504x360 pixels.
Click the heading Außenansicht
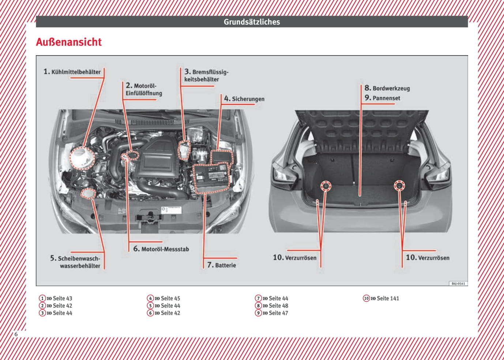tap(69, 42)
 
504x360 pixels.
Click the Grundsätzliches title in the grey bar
tap(252, 22)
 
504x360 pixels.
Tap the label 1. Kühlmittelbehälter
tap(72, 72)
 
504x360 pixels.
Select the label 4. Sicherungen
tap(244, 99)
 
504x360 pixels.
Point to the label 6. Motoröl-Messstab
tap(161, 249)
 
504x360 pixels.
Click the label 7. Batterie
tap(222, 265)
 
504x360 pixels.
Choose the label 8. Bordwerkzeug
tap(387, 88)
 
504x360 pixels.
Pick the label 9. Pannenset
tap(382, 98)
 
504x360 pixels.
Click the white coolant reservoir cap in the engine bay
tap(82, 158)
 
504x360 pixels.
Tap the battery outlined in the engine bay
tap(211, 178)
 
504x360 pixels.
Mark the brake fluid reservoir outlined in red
tap(184, 150)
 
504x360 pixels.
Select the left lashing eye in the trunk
tap(325, 186)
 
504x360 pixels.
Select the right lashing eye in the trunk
tap(399, 186)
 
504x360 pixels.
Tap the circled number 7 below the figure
tap(259, 298)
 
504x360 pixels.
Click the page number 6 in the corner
tap(16, 334)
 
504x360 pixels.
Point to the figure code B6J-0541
tap(458, 284)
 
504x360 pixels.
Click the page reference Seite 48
tap(278, 306)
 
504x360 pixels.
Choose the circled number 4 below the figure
tap(150, 298)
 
